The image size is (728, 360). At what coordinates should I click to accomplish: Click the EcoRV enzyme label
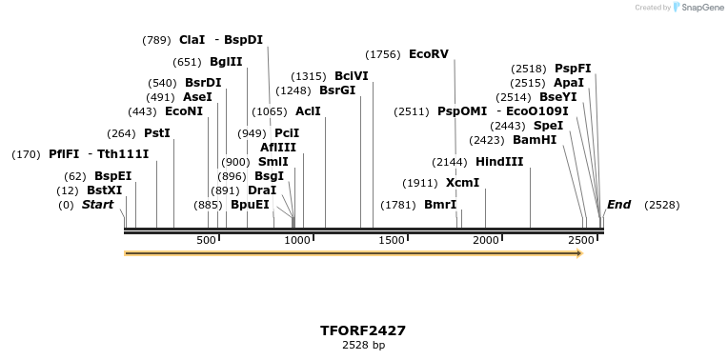pyautogui.click(x=428, y=54)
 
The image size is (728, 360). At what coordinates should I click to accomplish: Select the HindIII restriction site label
pyautogui.click(x=499, y=162)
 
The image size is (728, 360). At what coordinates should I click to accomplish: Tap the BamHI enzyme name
pyautogui.click(x=534, y=140)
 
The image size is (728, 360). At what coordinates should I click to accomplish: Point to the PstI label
pyautogui.click(x=156, y=133)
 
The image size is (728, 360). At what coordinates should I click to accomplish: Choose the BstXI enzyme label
pyautogui.click(x=104, y=190)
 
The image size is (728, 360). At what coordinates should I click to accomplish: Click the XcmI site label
pyautogui.click(x=462, y=183)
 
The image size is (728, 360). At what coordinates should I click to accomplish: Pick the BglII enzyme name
pyautogui.click(x=226, y=62)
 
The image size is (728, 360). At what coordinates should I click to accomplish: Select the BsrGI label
pyautogui.click(x=337, y=90)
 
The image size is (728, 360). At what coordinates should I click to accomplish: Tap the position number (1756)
pyautogui.click(x=383, y=54)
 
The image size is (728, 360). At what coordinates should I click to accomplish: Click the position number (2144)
pyautogui.click(x=450, y=162)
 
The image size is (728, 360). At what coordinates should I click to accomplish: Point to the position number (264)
pyautogui.click(x=121, y=133)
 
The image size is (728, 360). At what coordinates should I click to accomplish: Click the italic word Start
pyautogui.click(x=97, y=205)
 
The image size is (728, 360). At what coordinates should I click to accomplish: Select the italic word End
pyautogui.click(x=618, y=205)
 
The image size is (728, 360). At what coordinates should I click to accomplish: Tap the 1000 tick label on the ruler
pyautogui.click(x=298, y=241)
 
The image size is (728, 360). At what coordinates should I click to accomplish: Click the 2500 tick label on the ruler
pyautogui.click(x=581, y=241)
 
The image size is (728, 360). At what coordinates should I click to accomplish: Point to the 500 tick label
pyautogui.click(x=207, y=241)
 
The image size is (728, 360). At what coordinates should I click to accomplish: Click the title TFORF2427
pyautogui.click(x=363, y=330)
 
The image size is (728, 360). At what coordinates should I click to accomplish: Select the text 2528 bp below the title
pyautogui.click(x=363, y=345)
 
